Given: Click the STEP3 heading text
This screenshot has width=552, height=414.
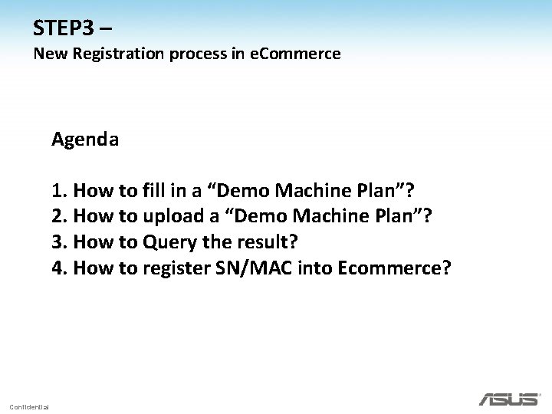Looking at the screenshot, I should click(64, 28).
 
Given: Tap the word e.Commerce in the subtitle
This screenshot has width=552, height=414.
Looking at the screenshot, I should click(295, 54).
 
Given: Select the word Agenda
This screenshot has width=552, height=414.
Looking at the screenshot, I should click(85, 140).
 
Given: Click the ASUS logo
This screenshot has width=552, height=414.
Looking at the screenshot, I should click(508, 399).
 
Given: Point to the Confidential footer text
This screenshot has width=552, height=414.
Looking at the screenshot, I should click(29, 406).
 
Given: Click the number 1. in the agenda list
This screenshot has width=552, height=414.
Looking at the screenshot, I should click(59, 190).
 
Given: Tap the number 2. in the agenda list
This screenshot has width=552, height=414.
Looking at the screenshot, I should click(59, 216).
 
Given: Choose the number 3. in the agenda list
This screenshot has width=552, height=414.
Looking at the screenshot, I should click(59, 242).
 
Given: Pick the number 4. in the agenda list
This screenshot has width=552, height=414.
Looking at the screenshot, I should click(59, 268).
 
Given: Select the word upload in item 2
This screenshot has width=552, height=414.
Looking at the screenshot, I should click(172, 217).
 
